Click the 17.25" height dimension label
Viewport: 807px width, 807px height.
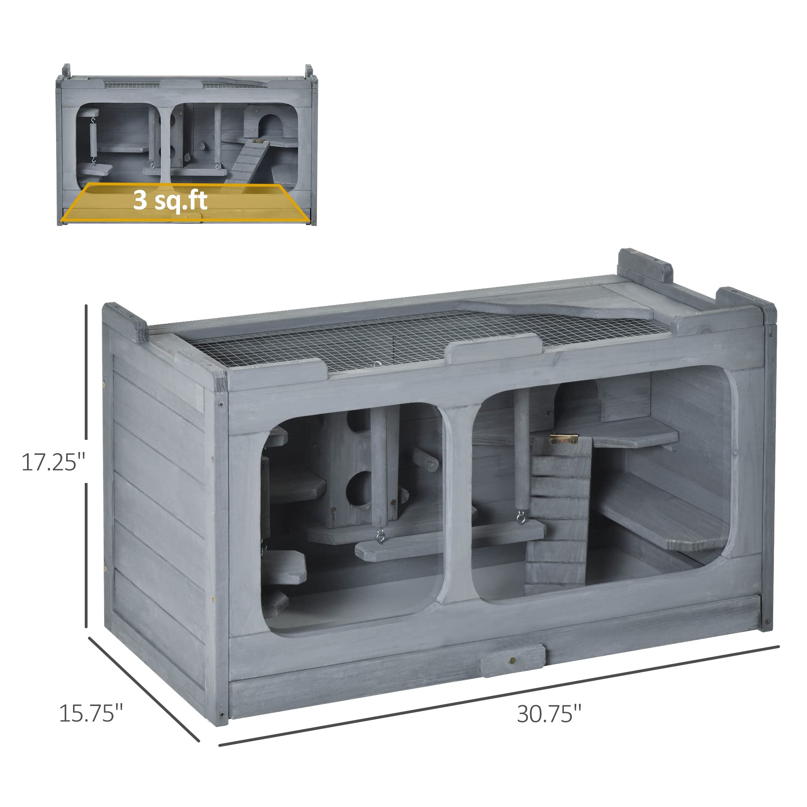pos(53,462)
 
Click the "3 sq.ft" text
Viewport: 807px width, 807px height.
pos(170,201)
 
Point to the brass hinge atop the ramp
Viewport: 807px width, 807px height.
pos(563,439)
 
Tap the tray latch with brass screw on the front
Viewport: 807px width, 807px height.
pos(513,660)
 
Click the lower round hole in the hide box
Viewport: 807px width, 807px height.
pos(360,485)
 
